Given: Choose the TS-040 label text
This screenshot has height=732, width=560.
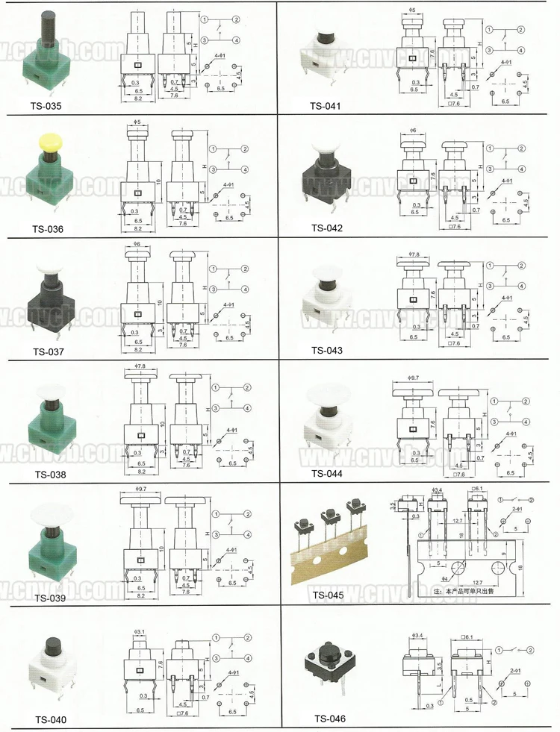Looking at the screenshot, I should click(x=50, y=719).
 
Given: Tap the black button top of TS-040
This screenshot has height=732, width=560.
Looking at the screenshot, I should click(x=53, y=643).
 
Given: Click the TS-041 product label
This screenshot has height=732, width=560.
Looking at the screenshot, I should click(x=326, y=106).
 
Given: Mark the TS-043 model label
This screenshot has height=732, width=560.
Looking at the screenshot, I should click(x=326, y=350).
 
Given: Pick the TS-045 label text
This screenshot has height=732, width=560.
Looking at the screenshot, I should click(x=326, y=595).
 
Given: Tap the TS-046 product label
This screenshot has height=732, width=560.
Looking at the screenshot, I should click(x=329, y=719).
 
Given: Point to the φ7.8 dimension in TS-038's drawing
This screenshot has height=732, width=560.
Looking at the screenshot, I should click(x=139, y=367).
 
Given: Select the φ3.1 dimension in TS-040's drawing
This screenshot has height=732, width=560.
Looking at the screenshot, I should click(x=140, y=631).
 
